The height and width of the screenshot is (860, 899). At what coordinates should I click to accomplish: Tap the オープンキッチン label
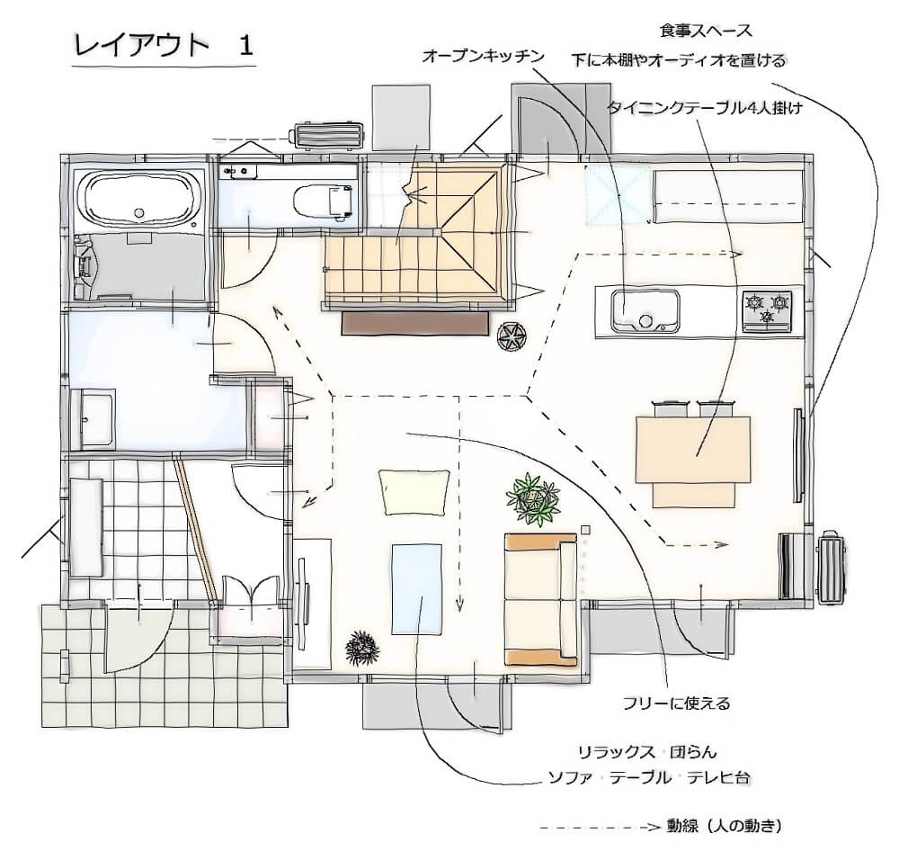click(x=484, y=57)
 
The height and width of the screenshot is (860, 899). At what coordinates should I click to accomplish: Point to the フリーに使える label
click(x=676, y=703)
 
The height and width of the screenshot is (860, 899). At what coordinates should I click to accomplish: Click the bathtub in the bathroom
click(x=138, y=200)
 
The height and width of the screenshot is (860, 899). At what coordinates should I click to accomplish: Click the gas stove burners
click(x=767, y=309)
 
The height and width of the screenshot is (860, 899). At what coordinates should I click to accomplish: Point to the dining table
click(x=692, y=447)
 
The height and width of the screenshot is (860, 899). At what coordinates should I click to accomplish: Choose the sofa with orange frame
click(x=540, y=599)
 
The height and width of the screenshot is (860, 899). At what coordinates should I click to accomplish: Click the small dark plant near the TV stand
click(x=362, y=646)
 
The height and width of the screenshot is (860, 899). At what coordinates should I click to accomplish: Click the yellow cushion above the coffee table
click(x=414, y=491)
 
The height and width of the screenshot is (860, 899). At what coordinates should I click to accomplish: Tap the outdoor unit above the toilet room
click(x=325, y=137)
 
